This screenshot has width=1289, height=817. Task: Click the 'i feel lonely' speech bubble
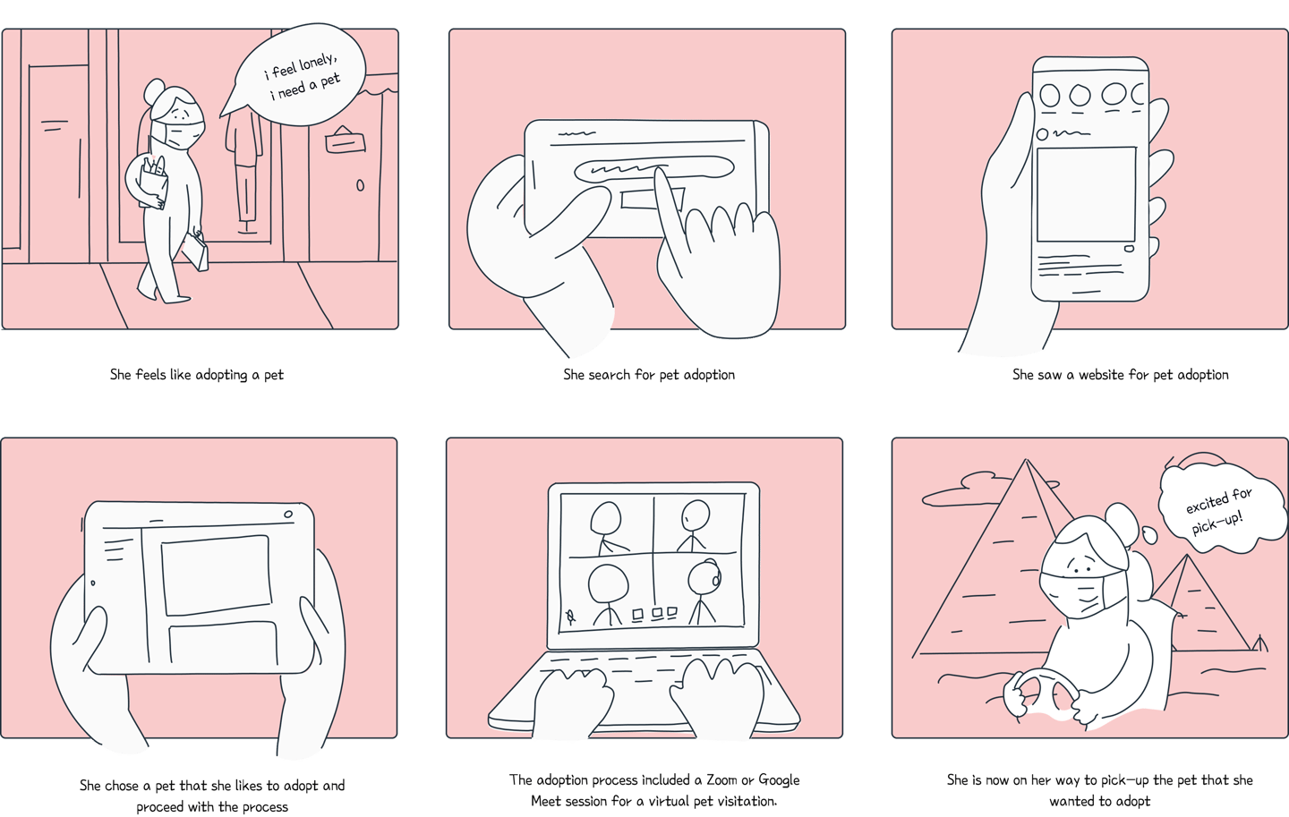click(299, 75)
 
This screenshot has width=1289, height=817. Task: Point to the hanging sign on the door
click(346, 140)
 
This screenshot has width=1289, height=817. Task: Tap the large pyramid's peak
click(1026, 459)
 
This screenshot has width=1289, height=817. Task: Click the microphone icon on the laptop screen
click(570, 617)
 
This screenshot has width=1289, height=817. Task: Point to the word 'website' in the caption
click(1101, 375)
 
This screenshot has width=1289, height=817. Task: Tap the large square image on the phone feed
click(1086, 194)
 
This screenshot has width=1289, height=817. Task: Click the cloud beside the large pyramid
click(967, 489)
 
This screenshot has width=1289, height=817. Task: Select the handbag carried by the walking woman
click(196, 251)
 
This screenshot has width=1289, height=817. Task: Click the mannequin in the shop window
click(244, 166)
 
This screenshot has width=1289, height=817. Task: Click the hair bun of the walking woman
click(154, 91)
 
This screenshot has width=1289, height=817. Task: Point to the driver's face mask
click(1082, 594)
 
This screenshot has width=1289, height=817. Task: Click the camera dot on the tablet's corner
click(288, 514)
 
